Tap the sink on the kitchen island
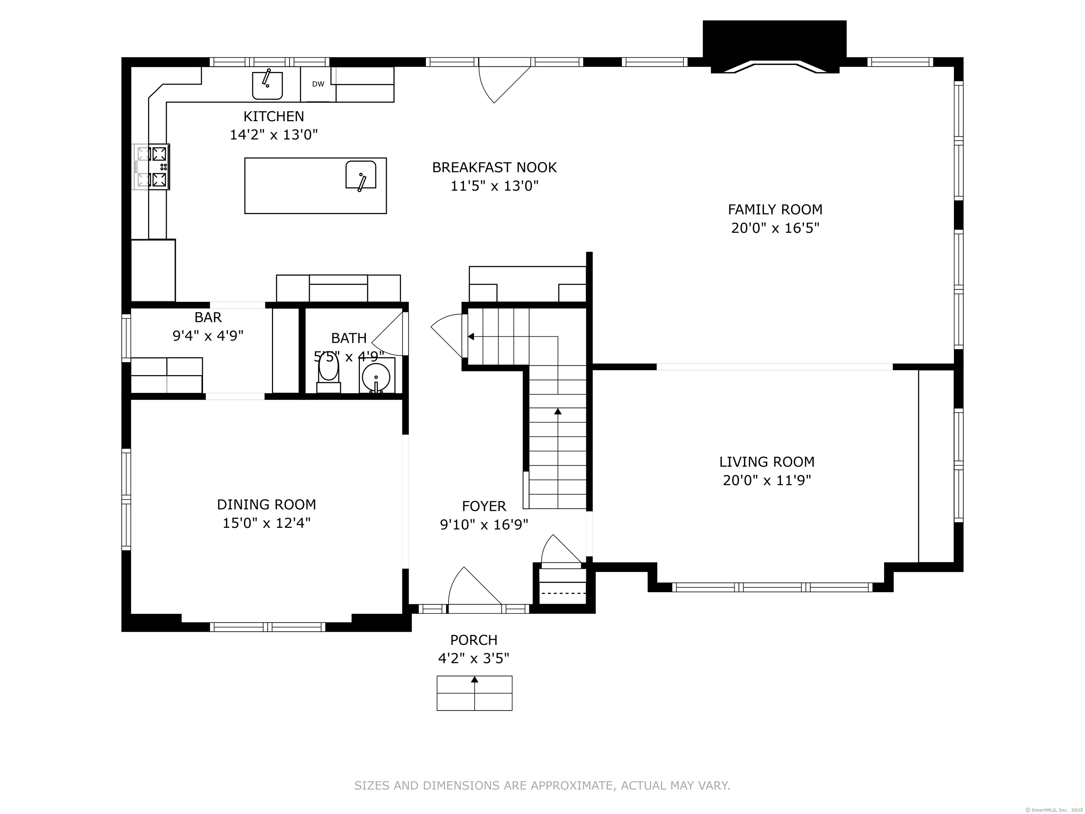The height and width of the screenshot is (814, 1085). (361, 175)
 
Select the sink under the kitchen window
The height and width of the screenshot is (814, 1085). (267, 85)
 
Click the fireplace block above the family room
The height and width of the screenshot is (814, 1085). (775, 42)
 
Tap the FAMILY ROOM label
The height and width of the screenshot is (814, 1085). (775, 210)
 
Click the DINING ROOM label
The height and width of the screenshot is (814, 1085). (266, 505)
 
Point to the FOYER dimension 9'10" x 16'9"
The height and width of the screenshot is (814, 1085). (484, 525)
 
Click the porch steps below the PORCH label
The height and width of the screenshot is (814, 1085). (474, 693)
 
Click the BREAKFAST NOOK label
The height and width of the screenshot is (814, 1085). (494, 168)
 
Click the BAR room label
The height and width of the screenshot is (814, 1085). (208, 318)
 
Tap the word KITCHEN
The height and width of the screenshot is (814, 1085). (274, 116)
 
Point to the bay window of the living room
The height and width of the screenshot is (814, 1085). (772, 587)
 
